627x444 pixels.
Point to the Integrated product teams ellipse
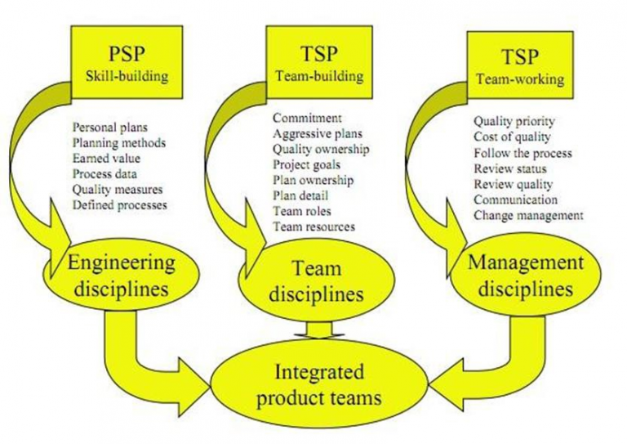coord(318,386)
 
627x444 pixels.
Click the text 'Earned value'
coord(104,159)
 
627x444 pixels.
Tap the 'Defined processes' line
coord(119,204)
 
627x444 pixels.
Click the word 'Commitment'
coord(307,119)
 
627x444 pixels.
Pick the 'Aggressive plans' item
coord(317,134)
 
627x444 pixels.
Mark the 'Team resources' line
coord(313,226)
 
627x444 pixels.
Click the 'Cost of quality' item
coord(512,137)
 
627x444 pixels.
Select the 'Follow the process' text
coord(522,153)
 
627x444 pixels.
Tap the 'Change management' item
coord(528,215)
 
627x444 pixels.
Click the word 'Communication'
coord(516,200)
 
